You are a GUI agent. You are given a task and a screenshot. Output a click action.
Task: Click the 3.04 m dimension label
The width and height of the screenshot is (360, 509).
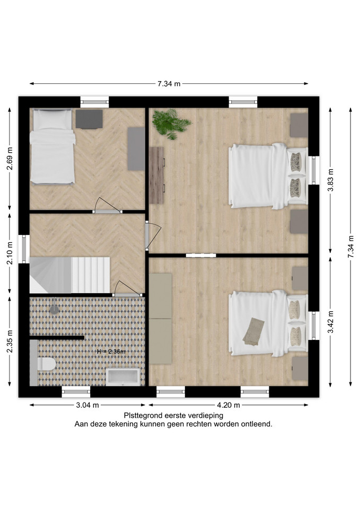[x=87, y=405]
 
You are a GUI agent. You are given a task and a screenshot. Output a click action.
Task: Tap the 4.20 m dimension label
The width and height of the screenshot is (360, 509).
[x=228, y=405]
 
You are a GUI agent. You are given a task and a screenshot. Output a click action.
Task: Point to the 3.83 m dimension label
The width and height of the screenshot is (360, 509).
[x=330, y=180]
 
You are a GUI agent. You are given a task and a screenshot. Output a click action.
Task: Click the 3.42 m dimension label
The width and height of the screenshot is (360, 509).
[x=330, y=322]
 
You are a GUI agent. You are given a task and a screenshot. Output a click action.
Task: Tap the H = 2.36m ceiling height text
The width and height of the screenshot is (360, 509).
[x=111, y=351]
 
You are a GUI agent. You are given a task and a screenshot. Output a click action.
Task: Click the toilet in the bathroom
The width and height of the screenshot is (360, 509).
[x=47, y=364]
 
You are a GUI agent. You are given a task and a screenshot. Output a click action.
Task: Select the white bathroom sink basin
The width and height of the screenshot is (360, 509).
[x=123, y=377]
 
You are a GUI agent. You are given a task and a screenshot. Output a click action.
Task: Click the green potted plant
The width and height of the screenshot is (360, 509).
[x=171, y=124]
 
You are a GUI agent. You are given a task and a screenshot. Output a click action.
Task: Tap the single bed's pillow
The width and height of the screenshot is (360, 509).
[x=52, y=119]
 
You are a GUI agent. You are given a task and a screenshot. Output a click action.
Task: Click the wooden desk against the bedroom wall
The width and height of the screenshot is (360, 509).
[x=156, y=175]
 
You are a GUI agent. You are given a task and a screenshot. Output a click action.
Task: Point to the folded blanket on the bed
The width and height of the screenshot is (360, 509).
[x=253, y=331]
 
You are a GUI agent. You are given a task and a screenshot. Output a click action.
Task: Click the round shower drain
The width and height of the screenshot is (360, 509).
[x=54, y=309]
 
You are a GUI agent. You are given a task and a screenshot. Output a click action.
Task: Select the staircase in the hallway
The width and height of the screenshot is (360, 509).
[x=70, y=275]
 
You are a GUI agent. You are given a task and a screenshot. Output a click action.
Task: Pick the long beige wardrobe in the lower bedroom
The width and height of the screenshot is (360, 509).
[x=160, y=319]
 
